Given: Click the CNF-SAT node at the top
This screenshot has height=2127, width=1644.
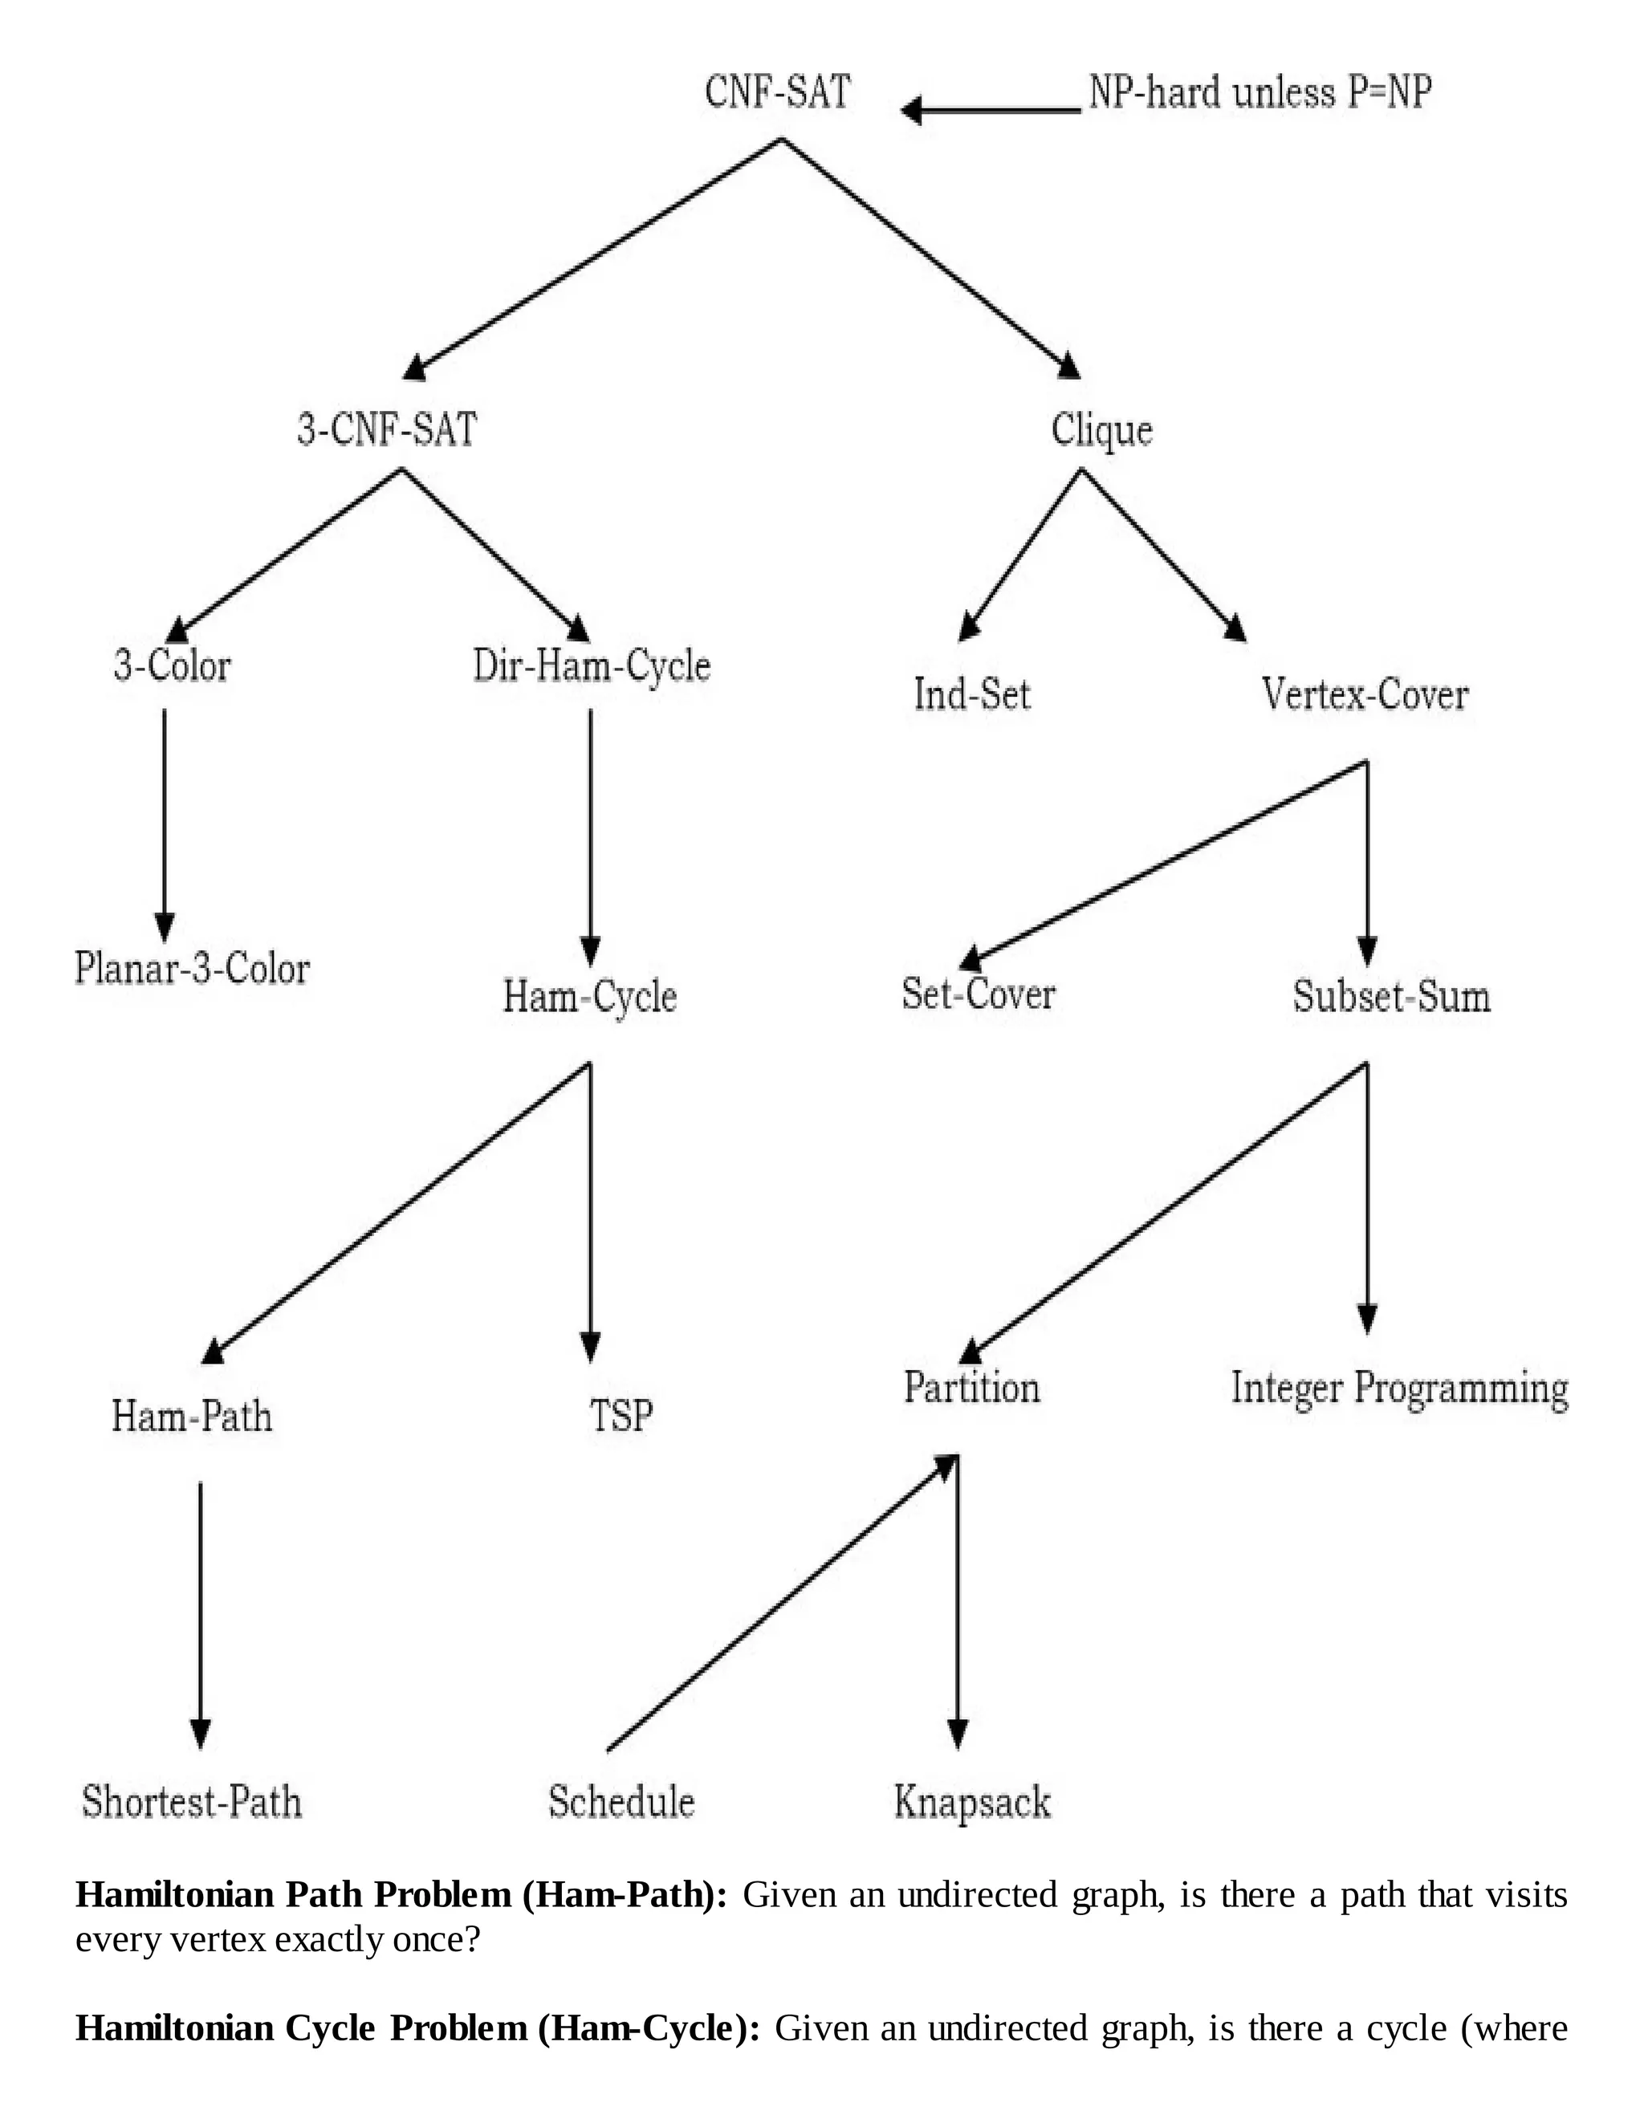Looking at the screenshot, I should tap(777, 92).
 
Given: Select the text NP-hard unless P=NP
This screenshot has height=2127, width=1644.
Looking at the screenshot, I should tap(1259, 92).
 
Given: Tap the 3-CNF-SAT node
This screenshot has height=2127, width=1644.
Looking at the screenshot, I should tap(387, 429).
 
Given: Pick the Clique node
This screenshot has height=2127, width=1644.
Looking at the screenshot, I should tap(1101, 429).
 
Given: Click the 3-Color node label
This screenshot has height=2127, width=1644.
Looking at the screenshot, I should tap(173, 666).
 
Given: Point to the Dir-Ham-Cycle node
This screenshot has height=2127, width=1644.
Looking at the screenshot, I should tap(591, 666).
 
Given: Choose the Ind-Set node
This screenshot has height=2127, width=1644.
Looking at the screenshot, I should tap(972, 694).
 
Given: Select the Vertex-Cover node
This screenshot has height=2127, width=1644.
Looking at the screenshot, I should tap(1365, 694).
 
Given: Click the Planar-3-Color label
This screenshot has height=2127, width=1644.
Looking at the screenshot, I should tap(192, 968).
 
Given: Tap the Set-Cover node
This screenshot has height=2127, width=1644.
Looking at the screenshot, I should tap(978, 994).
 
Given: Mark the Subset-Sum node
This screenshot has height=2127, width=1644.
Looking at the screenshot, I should tap(1391, 996).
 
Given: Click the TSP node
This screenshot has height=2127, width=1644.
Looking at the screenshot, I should tap(621, 1415).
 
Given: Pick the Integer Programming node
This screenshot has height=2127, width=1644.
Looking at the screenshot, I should tap(1399, 1388).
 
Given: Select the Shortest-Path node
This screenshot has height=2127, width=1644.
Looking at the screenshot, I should tap(192, 1802).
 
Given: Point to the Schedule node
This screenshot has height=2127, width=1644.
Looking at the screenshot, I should tap(621, 1802).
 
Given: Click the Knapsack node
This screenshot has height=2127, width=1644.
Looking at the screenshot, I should tap(972, 1802).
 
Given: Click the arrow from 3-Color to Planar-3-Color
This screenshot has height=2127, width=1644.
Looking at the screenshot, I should tap(165, 818).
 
